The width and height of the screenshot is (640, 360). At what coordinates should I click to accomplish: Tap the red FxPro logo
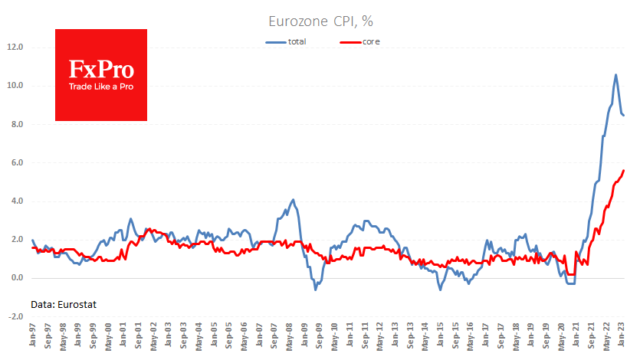(101, 74)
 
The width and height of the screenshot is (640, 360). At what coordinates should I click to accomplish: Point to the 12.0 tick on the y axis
(15, 47)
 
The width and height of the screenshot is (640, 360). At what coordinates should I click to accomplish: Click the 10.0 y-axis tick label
(15, 86)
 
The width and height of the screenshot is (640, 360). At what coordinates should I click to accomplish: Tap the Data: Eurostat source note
(64, 304)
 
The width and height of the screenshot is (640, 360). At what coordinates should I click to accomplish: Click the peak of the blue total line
(616, 74)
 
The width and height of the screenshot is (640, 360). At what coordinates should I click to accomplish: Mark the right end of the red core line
(624, 170)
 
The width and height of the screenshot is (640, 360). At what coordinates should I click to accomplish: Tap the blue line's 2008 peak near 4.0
(293, 200)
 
